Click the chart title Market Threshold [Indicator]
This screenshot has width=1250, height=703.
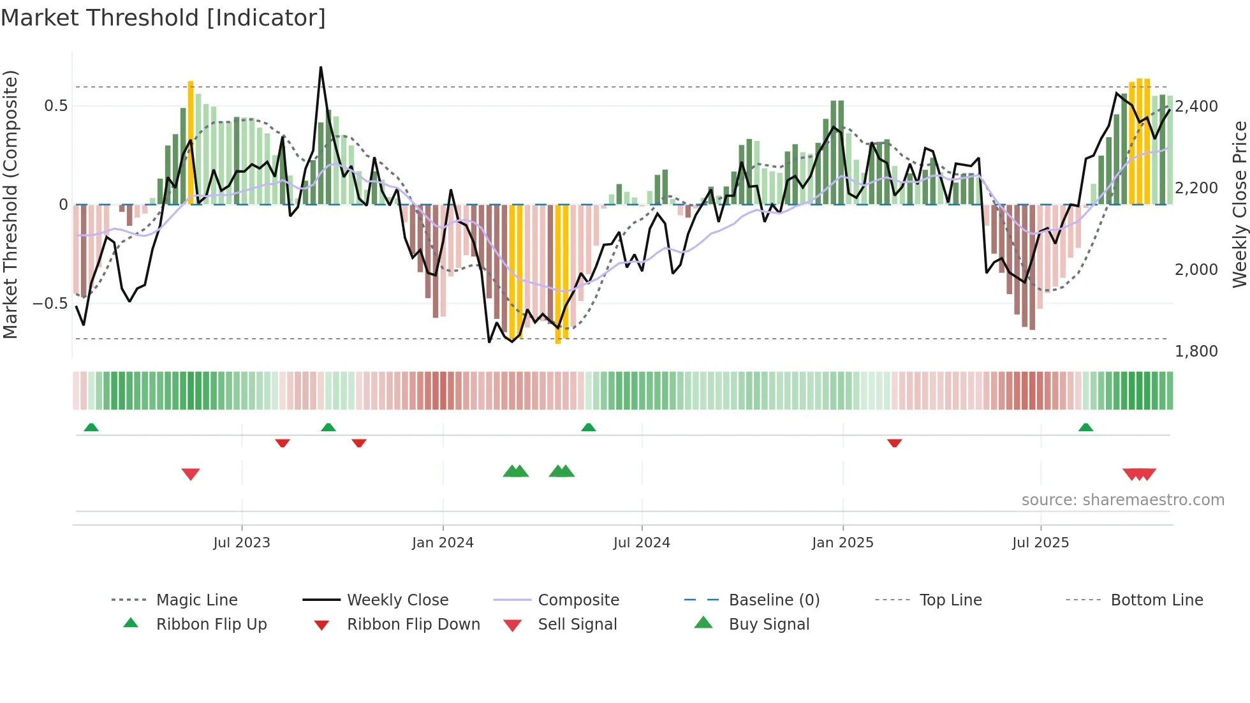(x=163, y=18)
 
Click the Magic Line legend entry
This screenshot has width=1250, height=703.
(x=196, y=600)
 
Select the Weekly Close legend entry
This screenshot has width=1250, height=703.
(x=397, y=600)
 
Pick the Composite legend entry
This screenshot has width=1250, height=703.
(x=578, y=600)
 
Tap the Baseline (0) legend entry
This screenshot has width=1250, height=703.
(x=774, y=600)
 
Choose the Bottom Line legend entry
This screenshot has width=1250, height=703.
(x=1156, y=600)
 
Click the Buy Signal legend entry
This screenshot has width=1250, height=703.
(x=768, y=624)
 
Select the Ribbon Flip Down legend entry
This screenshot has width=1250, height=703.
(x=413, y=624)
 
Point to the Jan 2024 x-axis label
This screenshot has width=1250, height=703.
(x=443, y=543)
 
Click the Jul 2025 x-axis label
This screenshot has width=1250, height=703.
(x=1040, y=543)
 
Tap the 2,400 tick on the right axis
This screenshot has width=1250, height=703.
(x=1196, y=107)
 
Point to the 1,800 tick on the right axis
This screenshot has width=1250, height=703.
(x=1196, y=352)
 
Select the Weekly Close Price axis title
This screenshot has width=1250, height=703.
(x=1239, y=204)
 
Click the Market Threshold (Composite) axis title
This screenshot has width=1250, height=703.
(x=10, y=204)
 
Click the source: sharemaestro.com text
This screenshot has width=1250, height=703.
(x=1122, y=500)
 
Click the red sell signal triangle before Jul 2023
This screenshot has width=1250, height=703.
(x=191, y=474)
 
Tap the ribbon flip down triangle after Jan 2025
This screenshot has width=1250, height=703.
(x=894, y=443)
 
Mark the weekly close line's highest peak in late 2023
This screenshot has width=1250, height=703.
(x=321, y=68)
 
